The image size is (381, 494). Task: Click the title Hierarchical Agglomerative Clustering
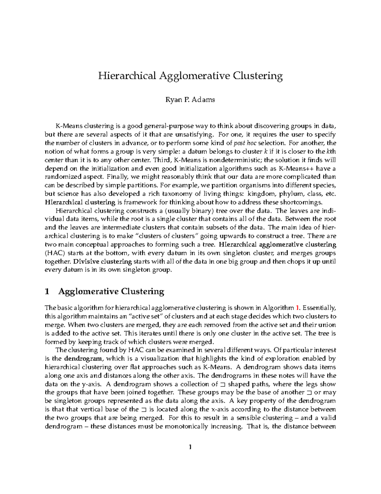click(x=190, y=76)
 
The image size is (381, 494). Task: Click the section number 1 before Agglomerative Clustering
click(x=47, y=291)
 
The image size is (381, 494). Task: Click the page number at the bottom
click(x=190, y=448)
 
